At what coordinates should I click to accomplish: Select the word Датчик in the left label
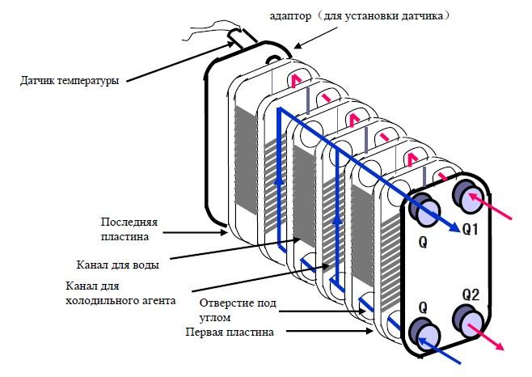click(41, 80)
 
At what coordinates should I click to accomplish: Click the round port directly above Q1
click(465, 195)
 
